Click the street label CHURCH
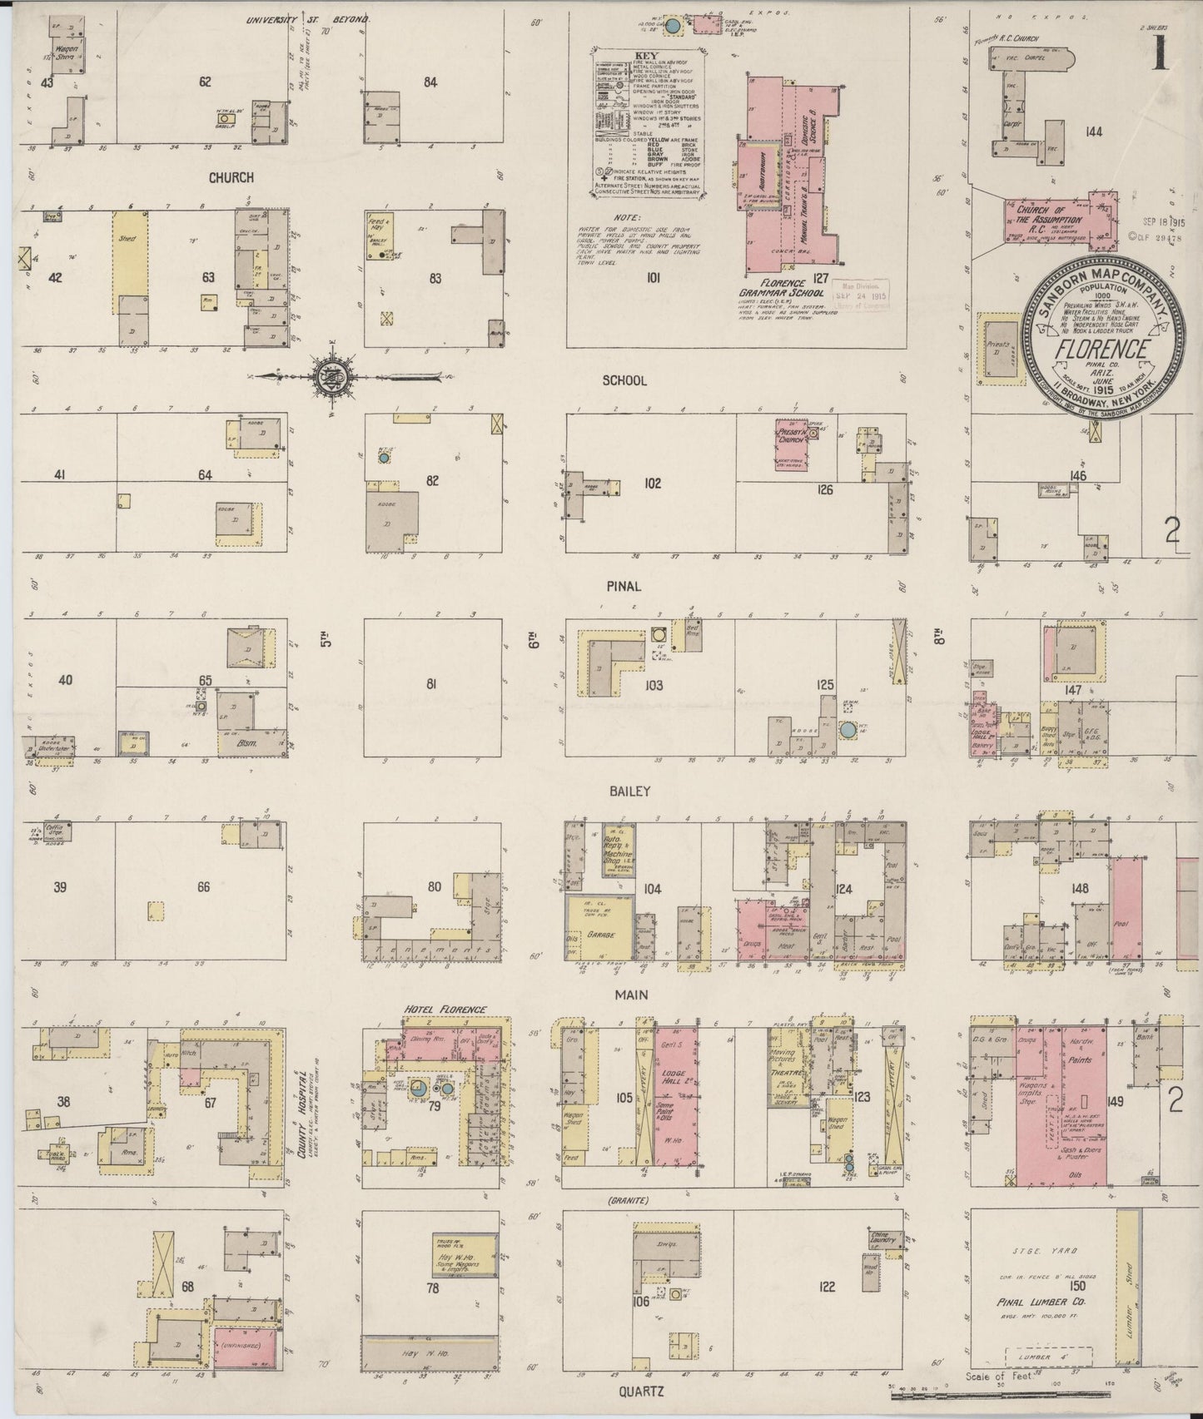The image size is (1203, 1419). click(x=231, y=177)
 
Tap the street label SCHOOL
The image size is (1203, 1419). click(x=624, y=380)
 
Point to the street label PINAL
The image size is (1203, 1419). click(x=624, y=586)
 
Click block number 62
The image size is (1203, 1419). click(x=205, y=82)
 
